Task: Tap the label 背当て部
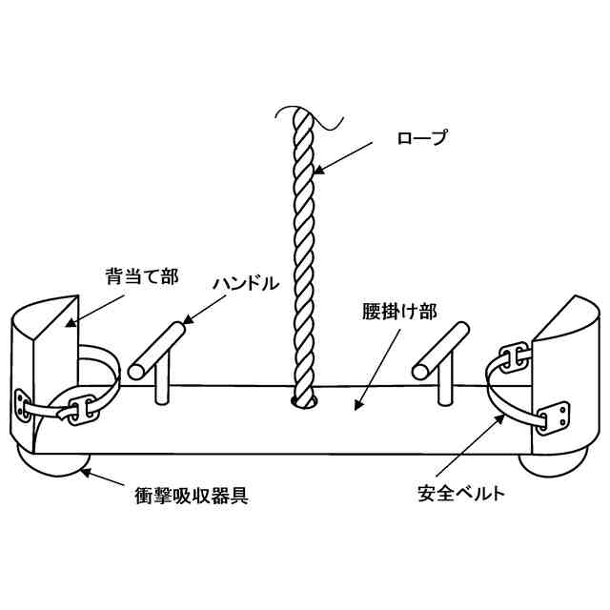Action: (139, 278)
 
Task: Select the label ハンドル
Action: (247, 283)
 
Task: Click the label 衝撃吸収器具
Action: (191, 497)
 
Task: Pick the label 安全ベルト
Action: (460, 494)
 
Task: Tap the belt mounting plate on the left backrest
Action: (23, 405)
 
